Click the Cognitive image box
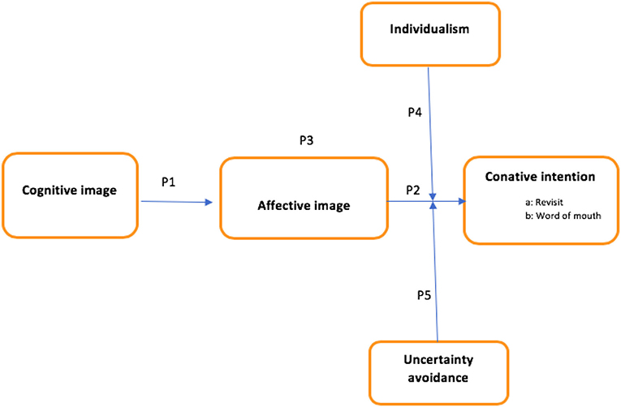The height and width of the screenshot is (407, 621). (x=69, y=195)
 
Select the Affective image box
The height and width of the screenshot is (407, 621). (x=304, y=198)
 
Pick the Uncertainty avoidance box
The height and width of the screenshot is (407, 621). (x=438, y=368)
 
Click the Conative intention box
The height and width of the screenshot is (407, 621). (x=540, y=200)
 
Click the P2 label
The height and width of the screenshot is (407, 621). (x=412, y=190)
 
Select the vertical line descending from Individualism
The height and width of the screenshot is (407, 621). (x=430, y=130)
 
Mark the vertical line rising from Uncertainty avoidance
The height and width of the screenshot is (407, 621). (x=436, y=276)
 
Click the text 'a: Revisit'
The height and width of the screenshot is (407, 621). (x=544, y=204)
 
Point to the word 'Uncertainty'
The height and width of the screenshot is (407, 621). (x=438, y=360)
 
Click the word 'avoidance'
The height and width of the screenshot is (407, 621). (x=438, y=377)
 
